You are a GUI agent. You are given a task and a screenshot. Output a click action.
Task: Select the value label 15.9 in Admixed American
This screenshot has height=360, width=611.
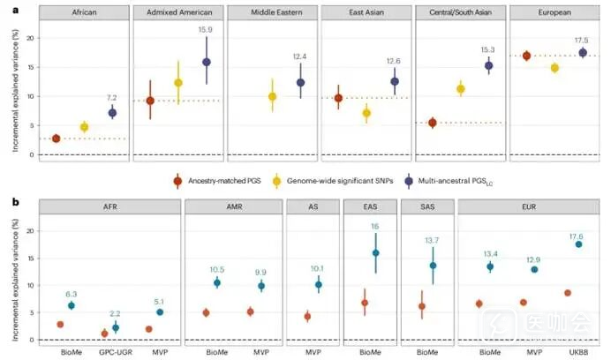click(206, 30)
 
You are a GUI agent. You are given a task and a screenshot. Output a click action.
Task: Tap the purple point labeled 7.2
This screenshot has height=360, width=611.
click(112, 113)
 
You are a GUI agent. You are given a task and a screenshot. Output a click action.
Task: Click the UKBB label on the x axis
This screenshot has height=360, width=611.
click(579, 351)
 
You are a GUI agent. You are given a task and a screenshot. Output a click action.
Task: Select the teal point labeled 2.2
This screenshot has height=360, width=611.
click(115, 327)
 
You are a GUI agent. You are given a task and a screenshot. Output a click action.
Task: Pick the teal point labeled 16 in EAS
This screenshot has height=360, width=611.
click(375, 253)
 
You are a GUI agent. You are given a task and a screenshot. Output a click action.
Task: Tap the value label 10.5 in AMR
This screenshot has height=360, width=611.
click(217, 270)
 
